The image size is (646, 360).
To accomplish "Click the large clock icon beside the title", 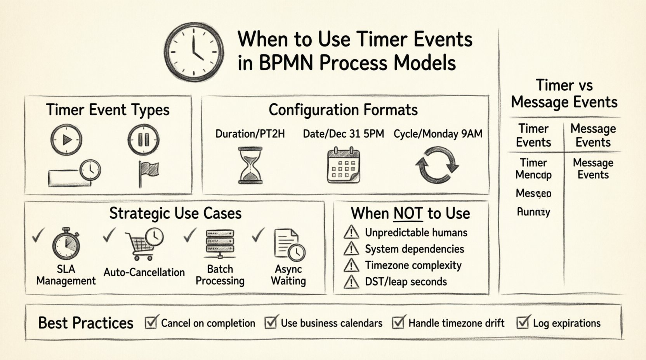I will click(194, 51).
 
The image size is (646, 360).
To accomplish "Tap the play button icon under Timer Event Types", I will click(66, 139).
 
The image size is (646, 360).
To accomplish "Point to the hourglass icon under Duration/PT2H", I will click(250, 165).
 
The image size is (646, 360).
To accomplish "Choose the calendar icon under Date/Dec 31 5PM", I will click(343, 165).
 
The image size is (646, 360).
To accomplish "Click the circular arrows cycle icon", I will click(437, 165).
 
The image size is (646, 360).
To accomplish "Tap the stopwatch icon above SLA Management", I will click(66, 244).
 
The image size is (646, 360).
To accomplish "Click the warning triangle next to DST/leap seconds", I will click(351, 282).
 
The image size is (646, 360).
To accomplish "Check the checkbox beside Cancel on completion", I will click(151, 322).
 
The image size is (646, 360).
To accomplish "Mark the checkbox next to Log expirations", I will click(523, 322).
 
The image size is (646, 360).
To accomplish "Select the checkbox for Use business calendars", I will click(271, 322).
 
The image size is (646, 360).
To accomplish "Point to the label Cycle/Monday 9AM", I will click(438, 134).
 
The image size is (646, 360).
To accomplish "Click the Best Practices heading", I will click(86, 323).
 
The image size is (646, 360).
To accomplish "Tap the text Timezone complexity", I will click(413, 265).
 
